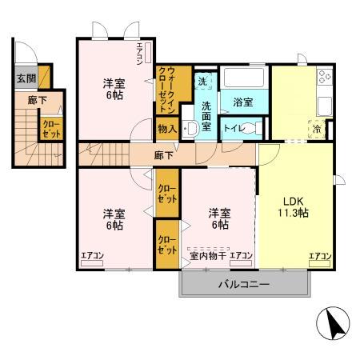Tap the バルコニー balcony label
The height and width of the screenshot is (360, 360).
click(x=244, y=283)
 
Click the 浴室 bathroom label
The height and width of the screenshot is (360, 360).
click(x=243, y=102)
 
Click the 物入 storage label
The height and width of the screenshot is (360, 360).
click(x=167, y=129)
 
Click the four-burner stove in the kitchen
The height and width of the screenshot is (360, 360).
click(x=325, y=78)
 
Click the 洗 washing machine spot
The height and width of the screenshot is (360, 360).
click(x=203, y=82)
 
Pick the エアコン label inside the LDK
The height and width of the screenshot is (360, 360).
click(x=320, y=256)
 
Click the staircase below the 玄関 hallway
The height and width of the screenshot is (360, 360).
click(x=26, y=132)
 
